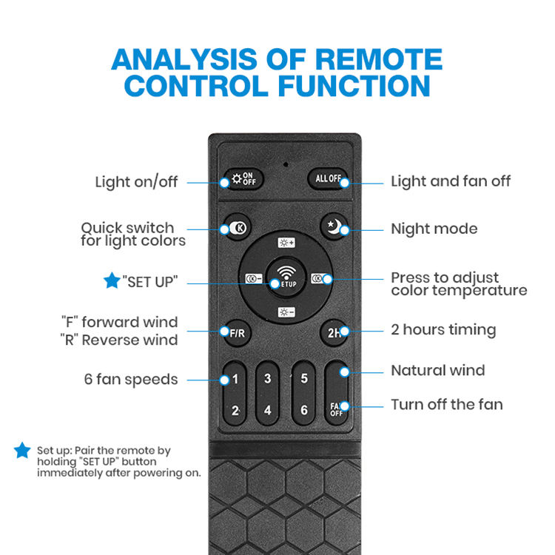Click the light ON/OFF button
(242, 180)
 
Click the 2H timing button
(334, 332)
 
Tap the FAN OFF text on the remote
(336, 408)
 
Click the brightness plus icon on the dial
(286, 243)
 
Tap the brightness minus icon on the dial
(286, 312)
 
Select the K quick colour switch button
(237, 229)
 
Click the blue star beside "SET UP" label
(112, 281)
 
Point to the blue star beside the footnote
(22, 450)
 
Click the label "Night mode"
(434, 229)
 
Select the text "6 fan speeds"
(131, 380)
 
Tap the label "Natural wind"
(437, 370)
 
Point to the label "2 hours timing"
(443, 330)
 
